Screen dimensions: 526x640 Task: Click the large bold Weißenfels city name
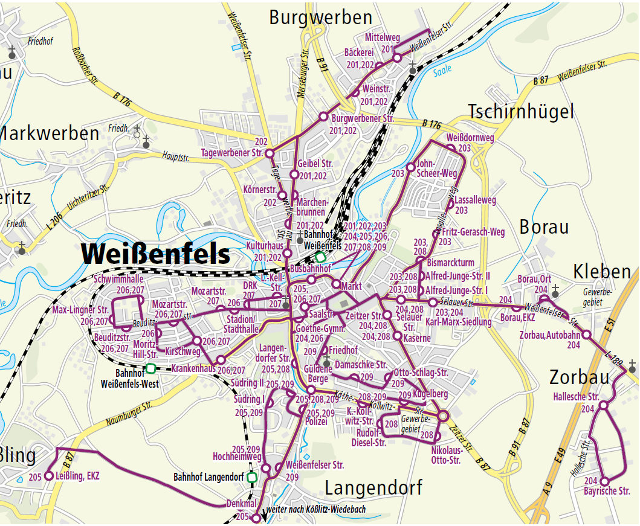point(156,254)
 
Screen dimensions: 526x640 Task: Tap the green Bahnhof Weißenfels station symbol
point(320,257)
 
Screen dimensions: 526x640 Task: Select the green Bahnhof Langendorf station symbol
point(253,477)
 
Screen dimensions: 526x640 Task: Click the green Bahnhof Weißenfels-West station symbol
point(150,368)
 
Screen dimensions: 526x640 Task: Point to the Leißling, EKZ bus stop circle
point(50,476)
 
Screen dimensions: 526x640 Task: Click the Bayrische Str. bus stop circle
point(603,481)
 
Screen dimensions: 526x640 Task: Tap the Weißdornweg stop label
point(470,138)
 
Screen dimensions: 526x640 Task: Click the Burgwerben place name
point(320,18)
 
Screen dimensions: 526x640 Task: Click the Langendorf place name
point(373,487)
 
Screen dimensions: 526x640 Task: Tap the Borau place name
point(544,227)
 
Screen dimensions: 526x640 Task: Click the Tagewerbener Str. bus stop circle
point(270,153)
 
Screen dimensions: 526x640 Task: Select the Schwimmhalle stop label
point(118,280)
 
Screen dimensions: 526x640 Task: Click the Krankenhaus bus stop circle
point(221,361)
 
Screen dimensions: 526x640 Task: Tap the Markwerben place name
point(50,133)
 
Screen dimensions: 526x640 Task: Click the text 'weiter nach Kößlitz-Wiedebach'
point(319,510)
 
